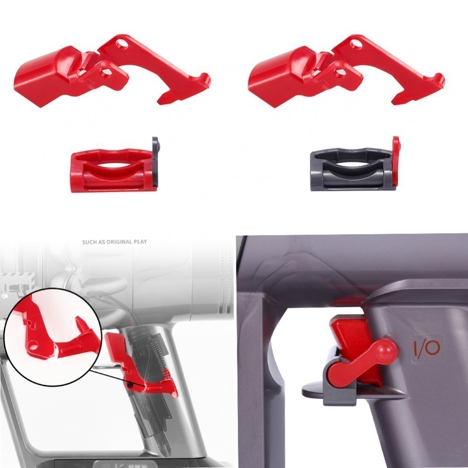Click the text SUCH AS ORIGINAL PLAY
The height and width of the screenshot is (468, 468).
point(114,242)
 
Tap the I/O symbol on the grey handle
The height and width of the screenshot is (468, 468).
point(426,348)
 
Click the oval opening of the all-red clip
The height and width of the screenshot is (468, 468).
point(112,165)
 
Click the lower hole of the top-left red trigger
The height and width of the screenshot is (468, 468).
point(106,72)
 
